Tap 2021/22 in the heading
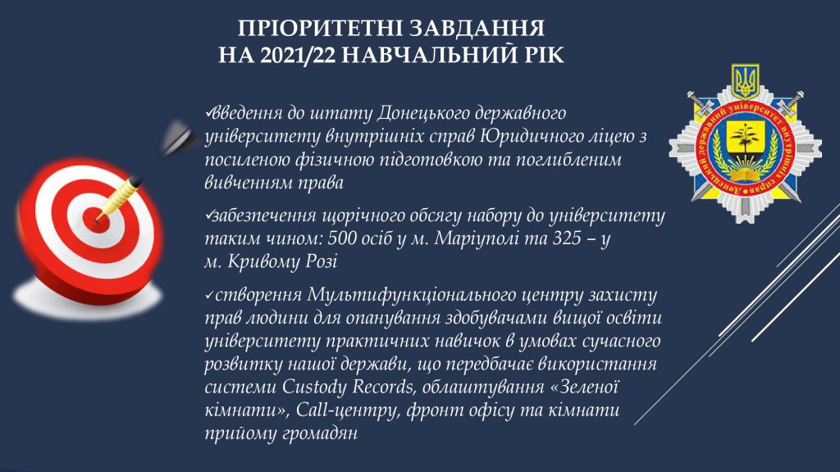(x=298, y=55)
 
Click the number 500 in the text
(x=342, y=238)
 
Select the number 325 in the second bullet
(x=567, y=238)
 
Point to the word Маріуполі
(x=476, y=238)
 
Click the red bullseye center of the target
(x=98, y=220)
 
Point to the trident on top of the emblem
(x=745, y=80)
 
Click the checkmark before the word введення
(x=209, y=113)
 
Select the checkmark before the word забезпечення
(x=209, y=216)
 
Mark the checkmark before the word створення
(x=209, y=296)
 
